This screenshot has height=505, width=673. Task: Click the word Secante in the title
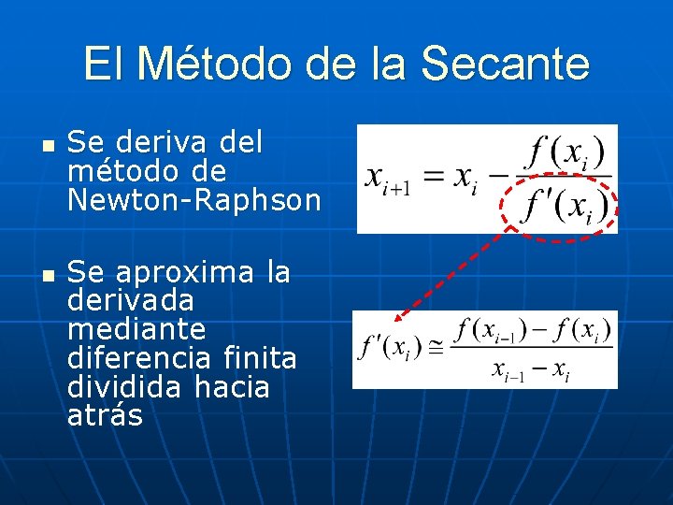[x=505, y=65]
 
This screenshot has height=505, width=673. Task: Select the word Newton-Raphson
[x=193, y=200]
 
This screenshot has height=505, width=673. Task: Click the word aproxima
[x=182, y=273]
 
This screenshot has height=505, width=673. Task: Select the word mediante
[x=136, y=329]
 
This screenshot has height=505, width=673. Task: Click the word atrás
[x=105, y=415]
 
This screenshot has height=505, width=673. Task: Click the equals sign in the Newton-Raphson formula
[x=434, y=178]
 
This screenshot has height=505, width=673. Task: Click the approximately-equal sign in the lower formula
[x=437, y=347]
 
